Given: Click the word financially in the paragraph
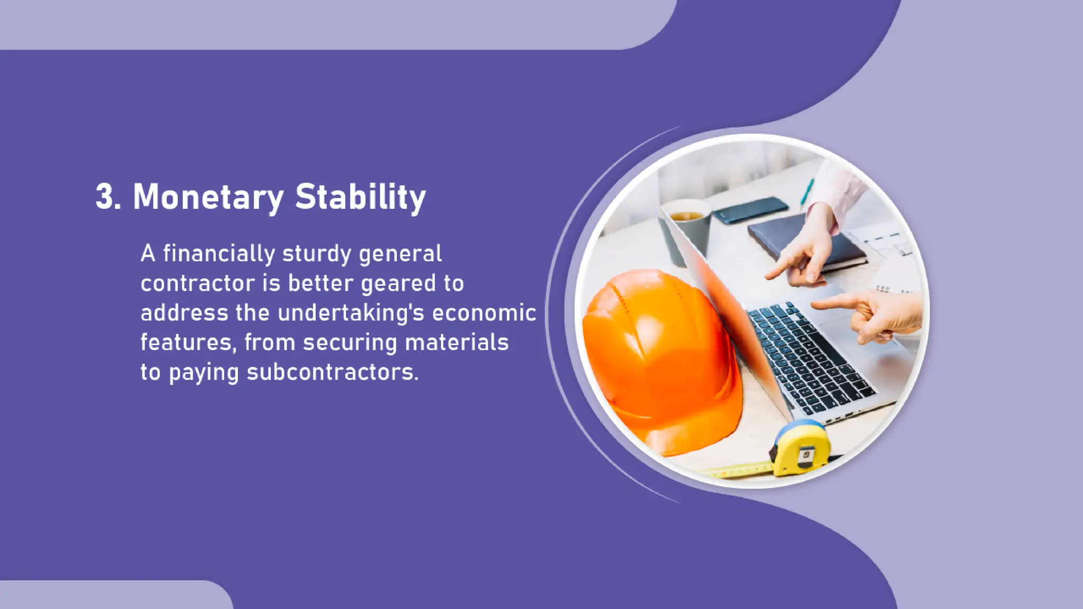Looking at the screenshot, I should (x=219, y=254).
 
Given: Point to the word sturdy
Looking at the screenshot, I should (x=317, y=254).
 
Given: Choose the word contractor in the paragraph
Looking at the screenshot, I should (x=198, y=283).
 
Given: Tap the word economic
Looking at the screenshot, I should (x=484, y=313).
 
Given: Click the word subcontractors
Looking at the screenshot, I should (x=333, y=372).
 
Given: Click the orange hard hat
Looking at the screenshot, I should (x=661, y=359).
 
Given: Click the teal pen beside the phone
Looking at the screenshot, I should (x=807, y=191).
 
